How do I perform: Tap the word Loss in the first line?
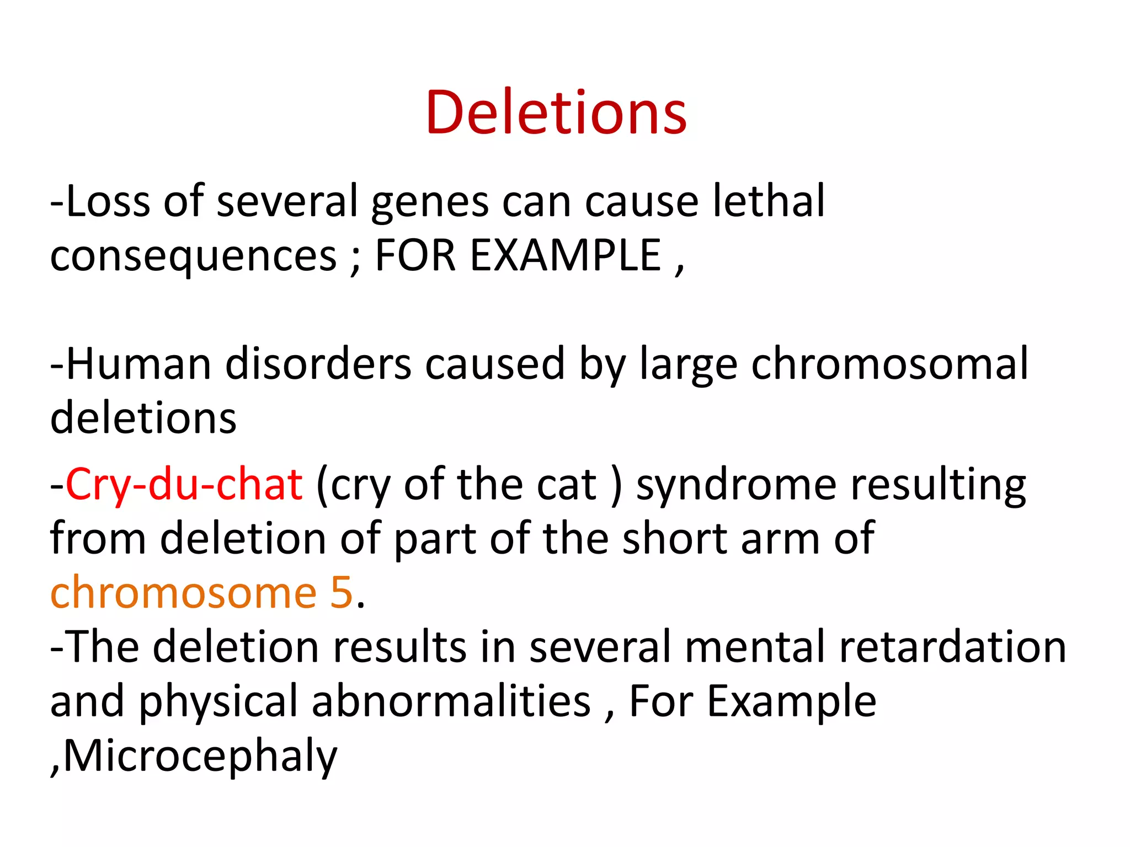pos(108,201)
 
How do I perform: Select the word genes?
pos(430,202)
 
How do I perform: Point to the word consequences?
pos(193,256)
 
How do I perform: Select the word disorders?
pos(318,364)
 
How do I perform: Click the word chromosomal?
pos(889,364)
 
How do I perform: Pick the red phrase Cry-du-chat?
pos(184,485)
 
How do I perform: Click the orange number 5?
pos(342,593)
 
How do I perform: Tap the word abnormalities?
pos(451,700)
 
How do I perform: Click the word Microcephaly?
pos(200,755)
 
